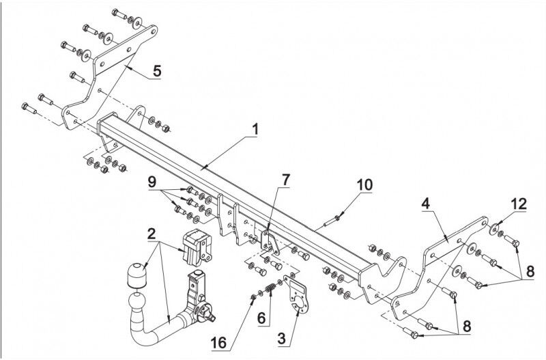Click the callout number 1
click(255, 130)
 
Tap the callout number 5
click(157, 71)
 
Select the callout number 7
click(285, 180)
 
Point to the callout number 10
click(364, 185)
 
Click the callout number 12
click(519, 204)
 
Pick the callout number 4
click(425, 204)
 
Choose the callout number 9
click(152, 182)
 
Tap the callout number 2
click(151, 234)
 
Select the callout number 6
click(262, 318)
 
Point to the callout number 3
click(282, 338)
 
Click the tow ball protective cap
click(136, 275)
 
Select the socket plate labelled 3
click(296, 293)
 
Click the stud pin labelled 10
click(332, 221)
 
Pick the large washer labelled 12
click(493, 230)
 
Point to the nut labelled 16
click(253, 297)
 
